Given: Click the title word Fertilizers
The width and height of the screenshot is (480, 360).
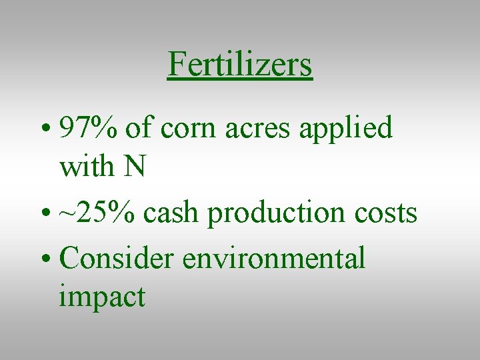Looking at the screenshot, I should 240,65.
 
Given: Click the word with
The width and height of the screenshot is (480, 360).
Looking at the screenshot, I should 86,166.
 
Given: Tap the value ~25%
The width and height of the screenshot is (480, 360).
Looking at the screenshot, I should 98,213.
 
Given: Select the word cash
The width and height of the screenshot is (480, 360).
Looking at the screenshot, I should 172,213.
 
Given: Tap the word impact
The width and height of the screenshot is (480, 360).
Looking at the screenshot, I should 101,297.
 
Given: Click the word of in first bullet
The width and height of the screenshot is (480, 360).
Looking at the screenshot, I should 138,128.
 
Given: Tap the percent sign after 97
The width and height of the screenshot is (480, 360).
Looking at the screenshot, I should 103,128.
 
